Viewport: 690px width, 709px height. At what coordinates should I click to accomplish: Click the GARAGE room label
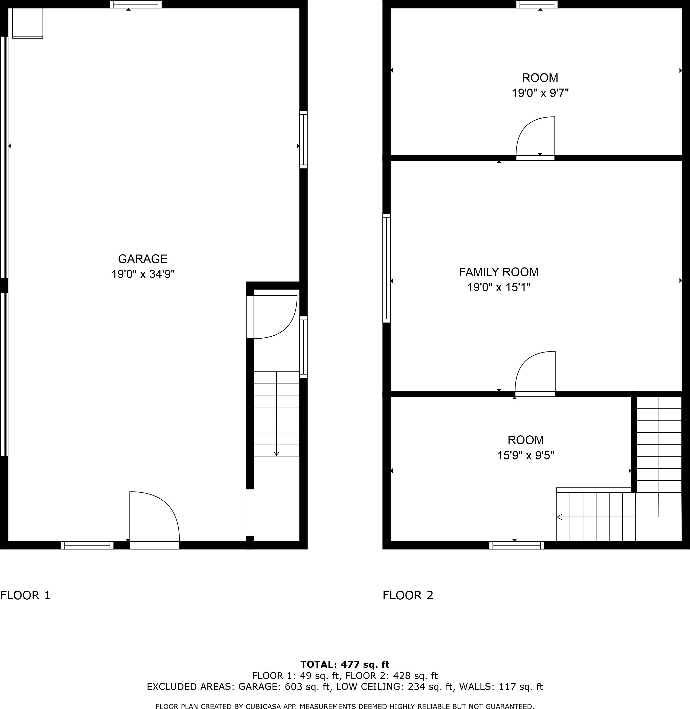pyautogui.click(x=143, y=258)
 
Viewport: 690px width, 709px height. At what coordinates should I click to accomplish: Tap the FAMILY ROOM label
pyautogui.click(x=499, y=272)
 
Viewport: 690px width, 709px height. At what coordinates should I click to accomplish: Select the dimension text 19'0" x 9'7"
pyautogui.click(x=540, y=93)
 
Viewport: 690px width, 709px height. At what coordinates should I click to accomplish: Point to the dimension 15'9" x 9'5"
pyautogui.click(x=525, y=455)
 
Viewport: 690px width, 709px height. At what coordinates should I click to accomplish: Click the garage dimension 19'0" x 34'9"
pyautogui.click(x=143, y=274)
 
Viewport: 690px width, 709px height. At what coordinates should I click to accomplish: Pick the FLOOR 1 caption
pyautogui.click(x=25, y=595)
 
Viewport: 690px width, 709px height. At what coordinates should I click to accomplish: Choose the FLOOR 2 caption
pyautogui.click(x=408, y=595)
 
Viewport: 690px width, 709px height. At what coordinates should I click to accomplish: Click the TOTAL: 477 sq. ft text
pyautogui.click(x=345, y=664)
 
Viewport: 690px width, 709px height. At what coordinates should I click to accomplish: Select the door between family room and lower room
pyautogui.click(x=535, y=374)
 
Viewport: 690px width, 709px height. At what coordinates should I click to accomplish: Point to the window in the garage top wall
pyautogui.click(x=136, y=4)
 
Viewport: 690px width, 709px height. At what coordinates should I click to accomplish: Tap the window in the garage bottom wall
pyautogui.click(x=87, y=545)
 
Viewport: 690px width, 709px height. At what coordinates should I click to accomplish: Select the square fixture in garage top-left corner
pyautogui.click(x=28, y=23)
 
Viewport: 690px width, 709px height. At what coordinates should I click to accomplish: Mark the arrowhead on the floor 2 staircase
pyautogui.click(x=560, y=517)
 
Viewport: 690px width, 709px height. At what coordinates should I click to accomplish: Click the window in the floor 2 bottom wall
pyautogui.click(x=517, y=545)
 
